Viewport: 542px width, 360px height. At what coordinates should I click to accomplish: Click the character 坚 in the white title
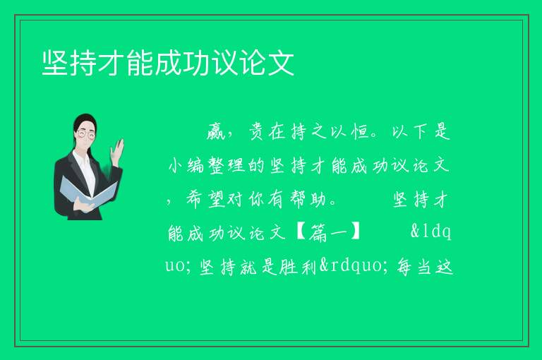(x=55, y=63)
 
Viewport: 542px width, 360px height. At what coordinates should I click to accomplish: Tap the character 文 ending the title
(x=281, y=63)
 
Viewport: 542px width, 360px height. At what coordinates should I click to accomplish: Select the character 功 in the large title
(x=196, y=63)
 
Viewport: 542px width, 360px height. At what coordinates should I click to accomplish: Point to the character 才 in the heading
(x=112, y=63)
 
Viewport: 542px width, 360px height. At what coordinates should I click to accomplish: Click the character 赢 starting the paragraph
(x=216, y=132)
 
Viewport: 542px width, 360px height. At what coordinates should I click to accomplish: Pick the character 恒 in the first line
(x=360, y=132)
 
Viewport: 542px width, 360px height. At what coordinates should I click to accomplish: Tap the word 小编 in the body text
(x=186, y=166)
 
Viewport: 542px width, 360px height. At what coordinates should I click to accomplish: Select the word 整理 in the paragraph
(x=227, y=166)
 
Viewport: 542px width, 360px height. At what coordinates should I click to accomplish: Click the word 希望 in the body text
(x=206, y=200)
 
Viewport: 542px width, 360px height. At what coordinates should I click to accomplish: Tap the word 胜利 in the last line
(x=298, y=267)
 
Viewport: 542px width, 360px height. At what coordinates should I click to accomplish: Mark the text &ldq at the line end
(x=431, y=232)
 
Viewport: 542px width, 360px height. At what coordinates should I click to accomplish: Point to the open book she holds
(x=88, y=192)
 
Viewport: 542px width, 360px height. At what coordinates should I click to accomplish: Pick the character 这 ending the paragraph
(x=444, y=267)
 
